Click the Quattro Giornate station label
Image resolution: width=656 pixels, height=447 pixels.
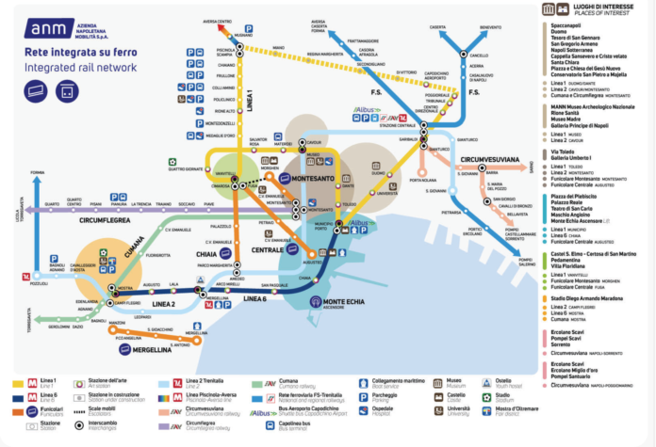[x=186, y=169]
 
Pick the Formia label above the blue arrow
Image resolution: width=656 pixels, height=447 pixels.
[x=38, y=173]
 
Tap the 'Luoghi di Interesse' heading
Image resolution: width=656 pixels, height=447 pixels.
[x=594, y=8]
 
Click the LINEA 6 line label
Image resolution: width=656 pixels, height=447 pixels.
[x=255, y=297]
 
